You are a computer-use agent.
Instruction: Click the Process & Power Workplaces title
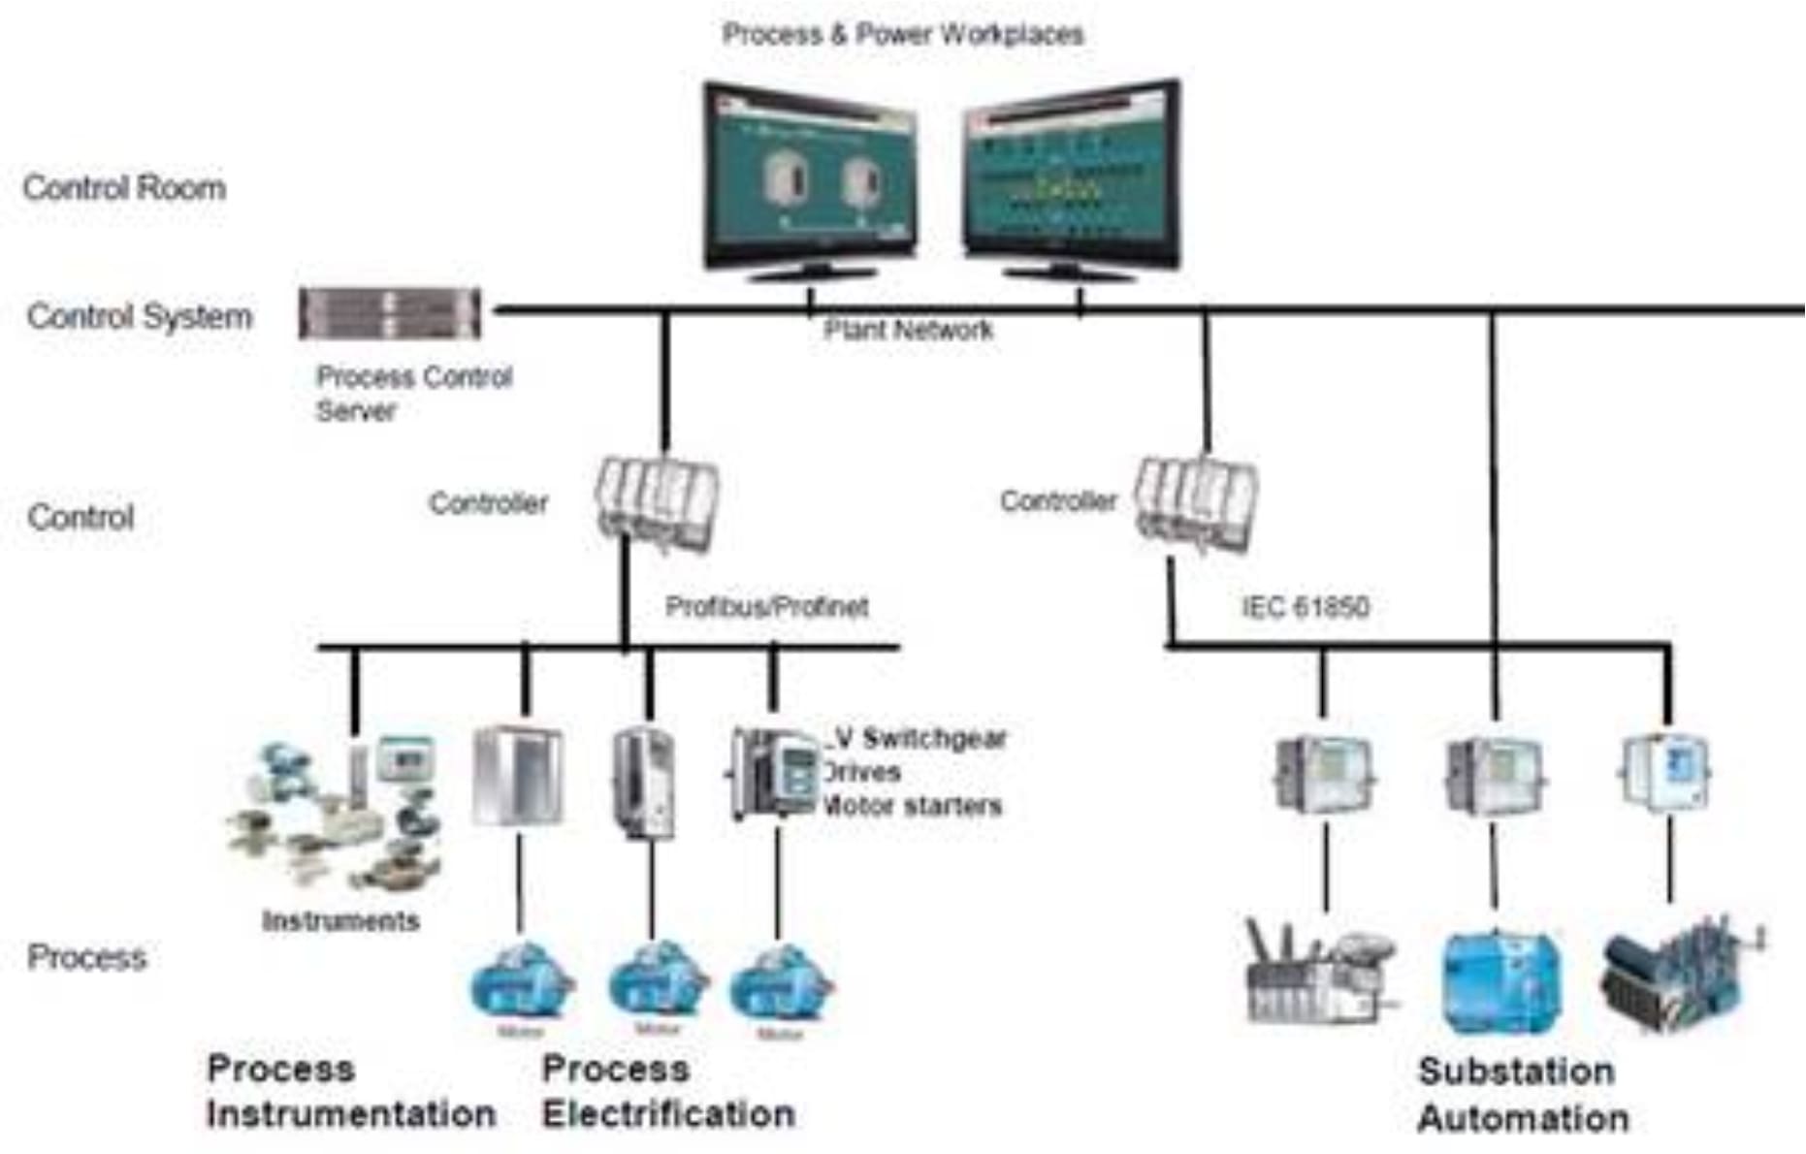click(902, 35)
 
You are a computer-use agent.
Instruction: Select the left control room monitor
click(811, 179)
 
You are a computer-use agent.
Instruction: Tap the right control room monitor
click(1071, 179)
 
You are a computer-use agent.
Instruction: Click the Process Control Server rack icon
click(389, 313)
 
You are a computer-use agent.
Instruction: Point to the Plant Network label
click(908, 331)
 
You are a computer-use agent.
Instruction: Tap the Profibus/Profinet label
click(766, 607)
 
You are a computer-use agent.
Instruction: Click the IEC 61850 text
click(1305, 607)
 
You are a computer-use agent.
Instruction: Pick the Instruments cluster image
click(335, 815)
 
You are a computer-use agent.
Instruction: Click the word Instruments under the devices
click(340, 920)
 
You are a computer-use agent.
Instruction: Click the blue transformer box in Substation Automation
click(1500, 981)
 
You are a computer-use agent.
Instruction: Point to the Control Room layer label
click(124, 187)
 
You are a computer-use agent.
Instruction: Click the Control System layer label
click(139, 316)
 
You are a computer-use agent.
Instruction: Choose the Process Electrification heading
click(668, 1091)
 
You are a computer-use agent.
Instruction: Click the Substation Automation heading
click(1522, 1095)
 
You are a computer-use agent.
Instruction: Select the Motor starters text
click(912, 806)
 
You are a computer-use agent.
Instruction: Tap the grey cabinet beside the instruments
click(517, 776)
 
